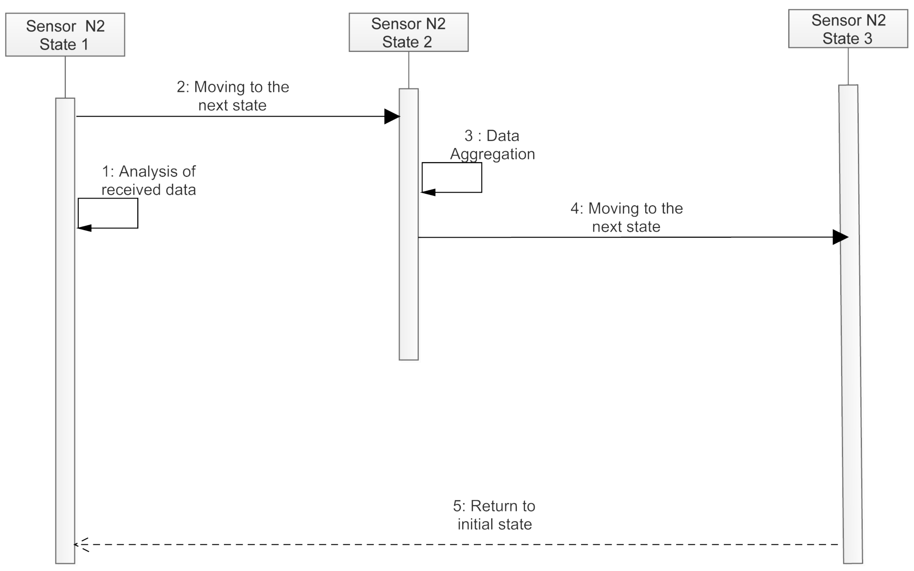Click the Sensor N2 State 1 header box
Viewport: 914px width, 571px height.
pos(65,35)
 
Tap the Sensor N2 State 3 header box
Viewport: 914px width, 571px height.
pos(848,29)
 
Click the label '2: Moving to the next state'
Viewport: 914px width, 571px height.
pos(233,96)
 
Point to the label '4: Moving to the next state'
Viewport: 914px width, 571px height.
pos(627,217)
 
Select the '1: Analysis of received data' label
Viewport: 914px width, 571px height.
pos(149,180)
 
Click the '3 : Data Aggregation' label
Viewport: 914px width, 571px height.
pos(492,145)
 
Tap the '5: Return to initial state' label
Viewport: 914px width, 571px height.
pos(494,515)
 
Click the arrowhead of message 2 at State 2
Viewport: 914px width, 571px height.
pos(392,116)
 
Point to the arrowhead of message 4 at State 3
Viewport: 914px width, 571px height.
pos(840,237)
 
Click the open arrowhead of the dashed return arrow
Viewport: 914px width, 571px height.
pos(80,545)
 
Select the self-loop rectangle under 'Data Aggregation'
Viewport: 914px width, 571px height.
pos(452,177)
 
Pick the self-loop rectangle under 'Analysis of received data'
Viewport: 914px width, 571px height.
pos(108,213)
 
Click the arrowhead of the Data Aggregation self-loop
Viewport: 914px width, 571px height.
pos(428,192)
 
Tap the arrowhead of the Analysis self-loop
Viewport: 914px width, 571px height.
pos(84,228)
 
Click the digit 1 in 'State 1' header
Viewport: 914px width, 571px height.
pos(85,44)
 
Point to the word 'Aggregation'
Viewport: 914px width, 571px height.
pos(492,154)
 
